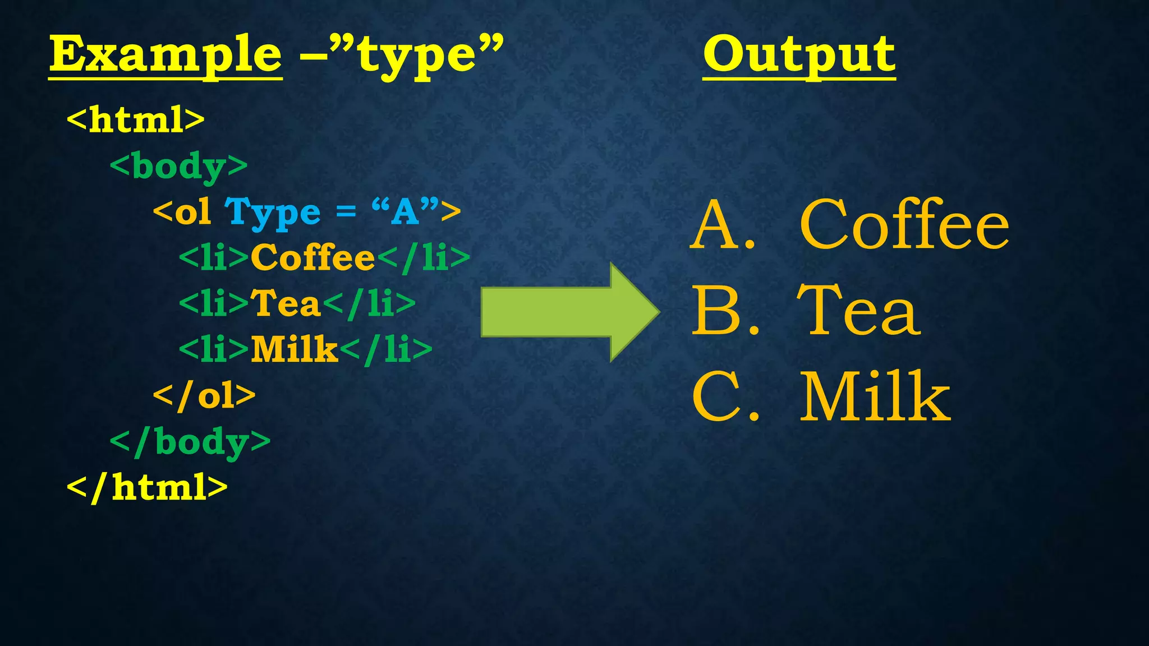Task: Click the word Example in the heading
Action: click(x=166, y=54)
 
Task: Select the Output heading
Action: click(x=799, y=54)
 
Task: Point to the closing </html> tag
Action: click(x=147, y=487)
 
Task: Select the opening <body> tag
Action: click(x=178, y=167)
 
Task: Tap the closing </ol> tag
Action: click(x=204, y=396)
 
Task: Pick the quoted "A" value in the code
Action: click(x=405, y=211)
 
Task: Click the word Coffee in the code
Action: click(x=312, y=258)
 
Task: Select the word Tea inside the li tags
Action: click(x=285, y=303)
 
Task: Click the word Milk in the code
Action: click(x=294, y=349)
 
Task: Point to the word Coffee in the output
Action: click(x=904, y=225)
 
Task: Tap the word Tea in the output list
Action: click(x=858, y=311)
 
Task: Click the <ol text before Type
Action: click(x=182, y=213)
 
